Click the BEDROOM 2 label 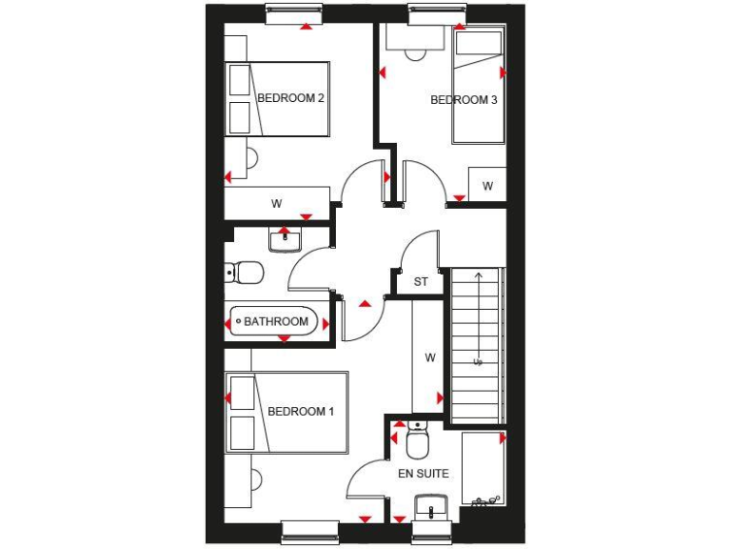click(291, 98)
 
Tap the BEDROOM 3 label click(464, 99)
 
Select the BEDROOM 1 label click(301, 412)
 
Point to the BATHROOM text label click(276, 322)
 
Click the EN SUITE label click(424, 473)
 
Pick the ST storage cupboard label click(421, 282)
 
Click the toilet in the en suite click(417, 442)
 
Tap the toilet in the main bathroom click(246, 274)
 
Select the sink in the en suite click(431, 506)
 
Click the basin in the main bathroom click(285, 240)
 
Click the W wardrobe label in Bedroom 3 click(487, 186)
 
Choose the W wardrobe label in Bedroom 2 click(277, 203)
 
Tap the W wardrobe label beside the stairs click(430, 358)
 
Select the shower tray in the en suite click(484, 468)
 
